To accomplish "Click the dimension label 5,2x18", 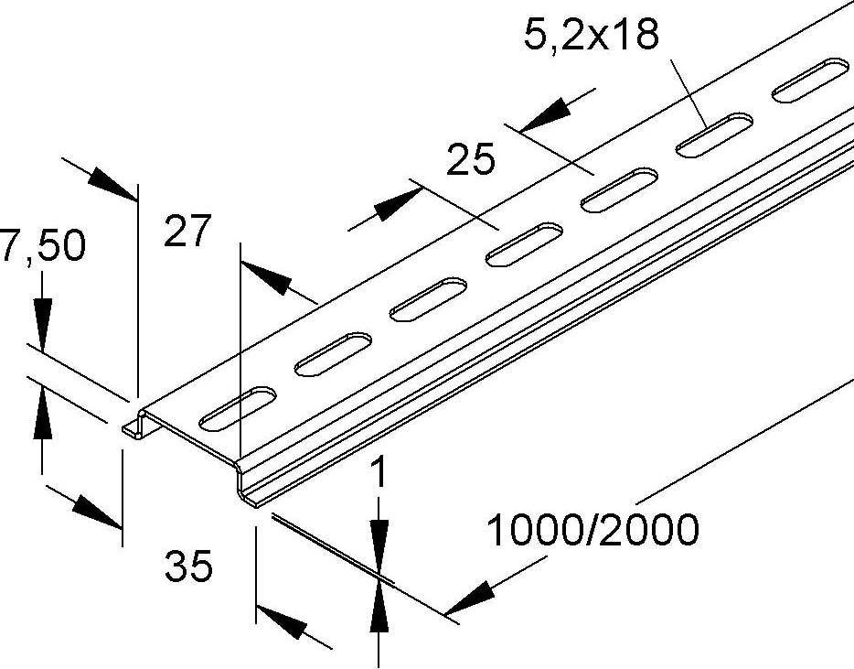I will click(592, 38).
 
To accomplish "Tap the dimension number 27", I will click(187, 231).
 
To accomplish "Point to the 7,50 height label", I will click(41, 247).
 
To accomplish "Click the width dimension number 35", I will click(188, 566).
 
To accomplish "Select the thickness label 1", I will click(380, 474).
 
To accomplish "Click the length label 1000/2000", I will click(592, 530).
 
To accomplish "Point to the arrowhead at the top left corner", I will click(112, 181).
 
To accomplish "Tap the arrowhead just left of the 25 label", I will click(392, 205).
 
